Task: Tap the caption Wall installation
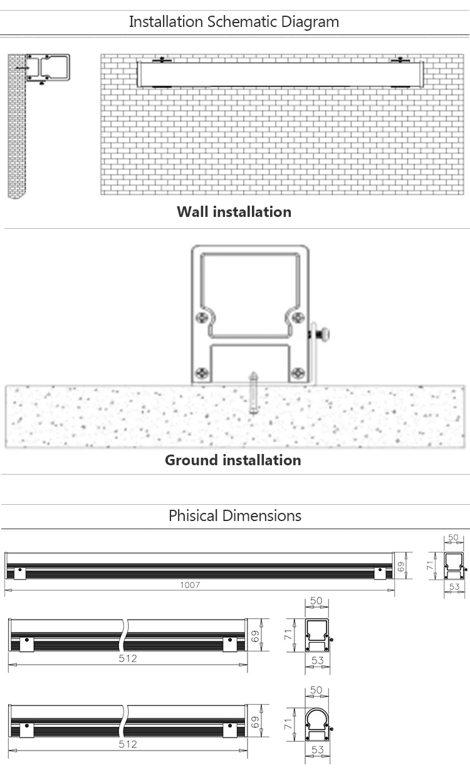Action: [x=234, y=212]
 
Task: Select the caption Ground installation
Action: [x=232, y=460]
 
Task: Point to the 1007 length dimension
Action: [x=190, y=584]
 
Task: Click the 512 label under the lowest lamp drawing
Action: [x=127, y=744]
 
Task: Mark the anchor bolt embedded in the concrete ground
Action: [x=253, y=393]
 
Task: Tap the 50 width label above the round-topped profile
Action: [x=316, y=690]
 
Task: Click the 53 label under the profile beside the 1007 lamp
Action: [x=454, y=587]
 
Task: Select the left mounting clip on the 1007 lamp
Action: [x=19, y=571]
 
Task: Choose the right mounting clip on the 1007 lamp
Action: [x=380, y=571]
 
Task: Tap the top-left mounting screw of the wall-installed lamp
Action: [x=162, y=60]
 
